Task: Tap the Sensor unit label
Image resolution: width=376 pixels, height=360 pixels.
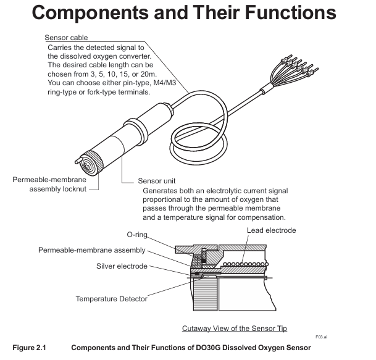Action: [x=156, y=182]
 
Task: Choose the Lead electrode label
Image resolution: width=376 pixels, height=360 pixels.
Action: [x=272, y=230]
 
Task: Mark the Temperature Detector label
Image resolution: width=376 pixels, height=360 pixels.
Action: [x=112, y=299]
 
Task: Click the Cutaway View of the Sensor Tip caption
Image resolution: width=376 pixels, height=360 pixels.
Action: [x=234, y=328]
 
